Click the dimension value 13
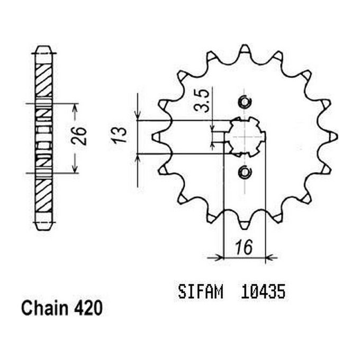[x=120, y=136]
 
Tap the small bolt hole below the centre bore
[x=244, y=172]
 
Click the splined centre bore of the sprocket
[x=244, y=137]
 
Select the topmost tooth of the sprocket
[x=244, y=51]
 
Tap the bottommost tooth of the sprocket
[x=244, y=223]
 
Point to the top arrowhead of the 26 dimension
[x=75, y=107]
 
